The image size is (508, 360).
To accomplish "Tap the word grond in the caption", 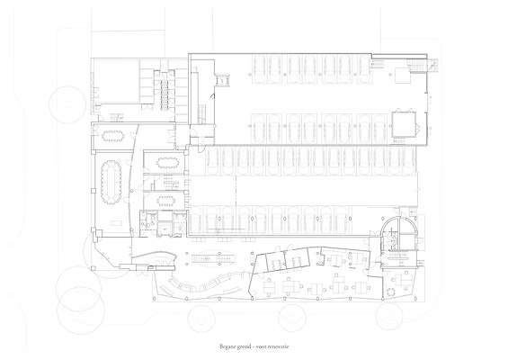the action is point(245,347).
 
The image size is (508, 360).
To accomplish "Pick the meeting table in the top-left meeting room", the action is point(112,136).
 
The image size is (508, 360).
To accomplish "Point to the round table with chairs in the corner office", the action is point(391,292).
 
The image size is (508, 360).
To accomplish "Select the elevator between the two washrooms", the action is point(165,229).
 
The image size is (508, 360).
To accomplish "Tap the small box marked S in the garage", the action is point(223,80).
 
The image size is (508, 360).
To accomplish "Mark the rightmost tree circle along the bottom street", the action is point(388,316).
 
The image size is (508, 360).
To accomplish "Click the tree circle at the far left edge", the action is point(67,104).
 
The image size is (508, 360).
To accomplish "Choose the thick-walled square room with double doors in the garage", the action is point(404,124).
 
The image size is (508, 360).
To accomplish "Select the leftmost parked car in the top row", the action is point(260,69).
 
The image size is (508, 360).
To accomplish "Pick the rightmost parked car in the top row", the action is point(365,69).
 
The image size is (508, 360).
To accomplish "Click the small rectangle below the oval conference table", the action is point(116,223).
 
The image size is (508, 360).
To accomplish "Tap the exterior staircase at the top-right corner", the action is point(433,66).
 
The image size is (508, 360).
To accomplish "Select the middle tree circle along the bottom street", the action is point(292,318).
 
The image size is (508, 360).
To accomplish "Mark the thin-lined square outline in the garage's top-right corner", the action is point(403,75).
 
